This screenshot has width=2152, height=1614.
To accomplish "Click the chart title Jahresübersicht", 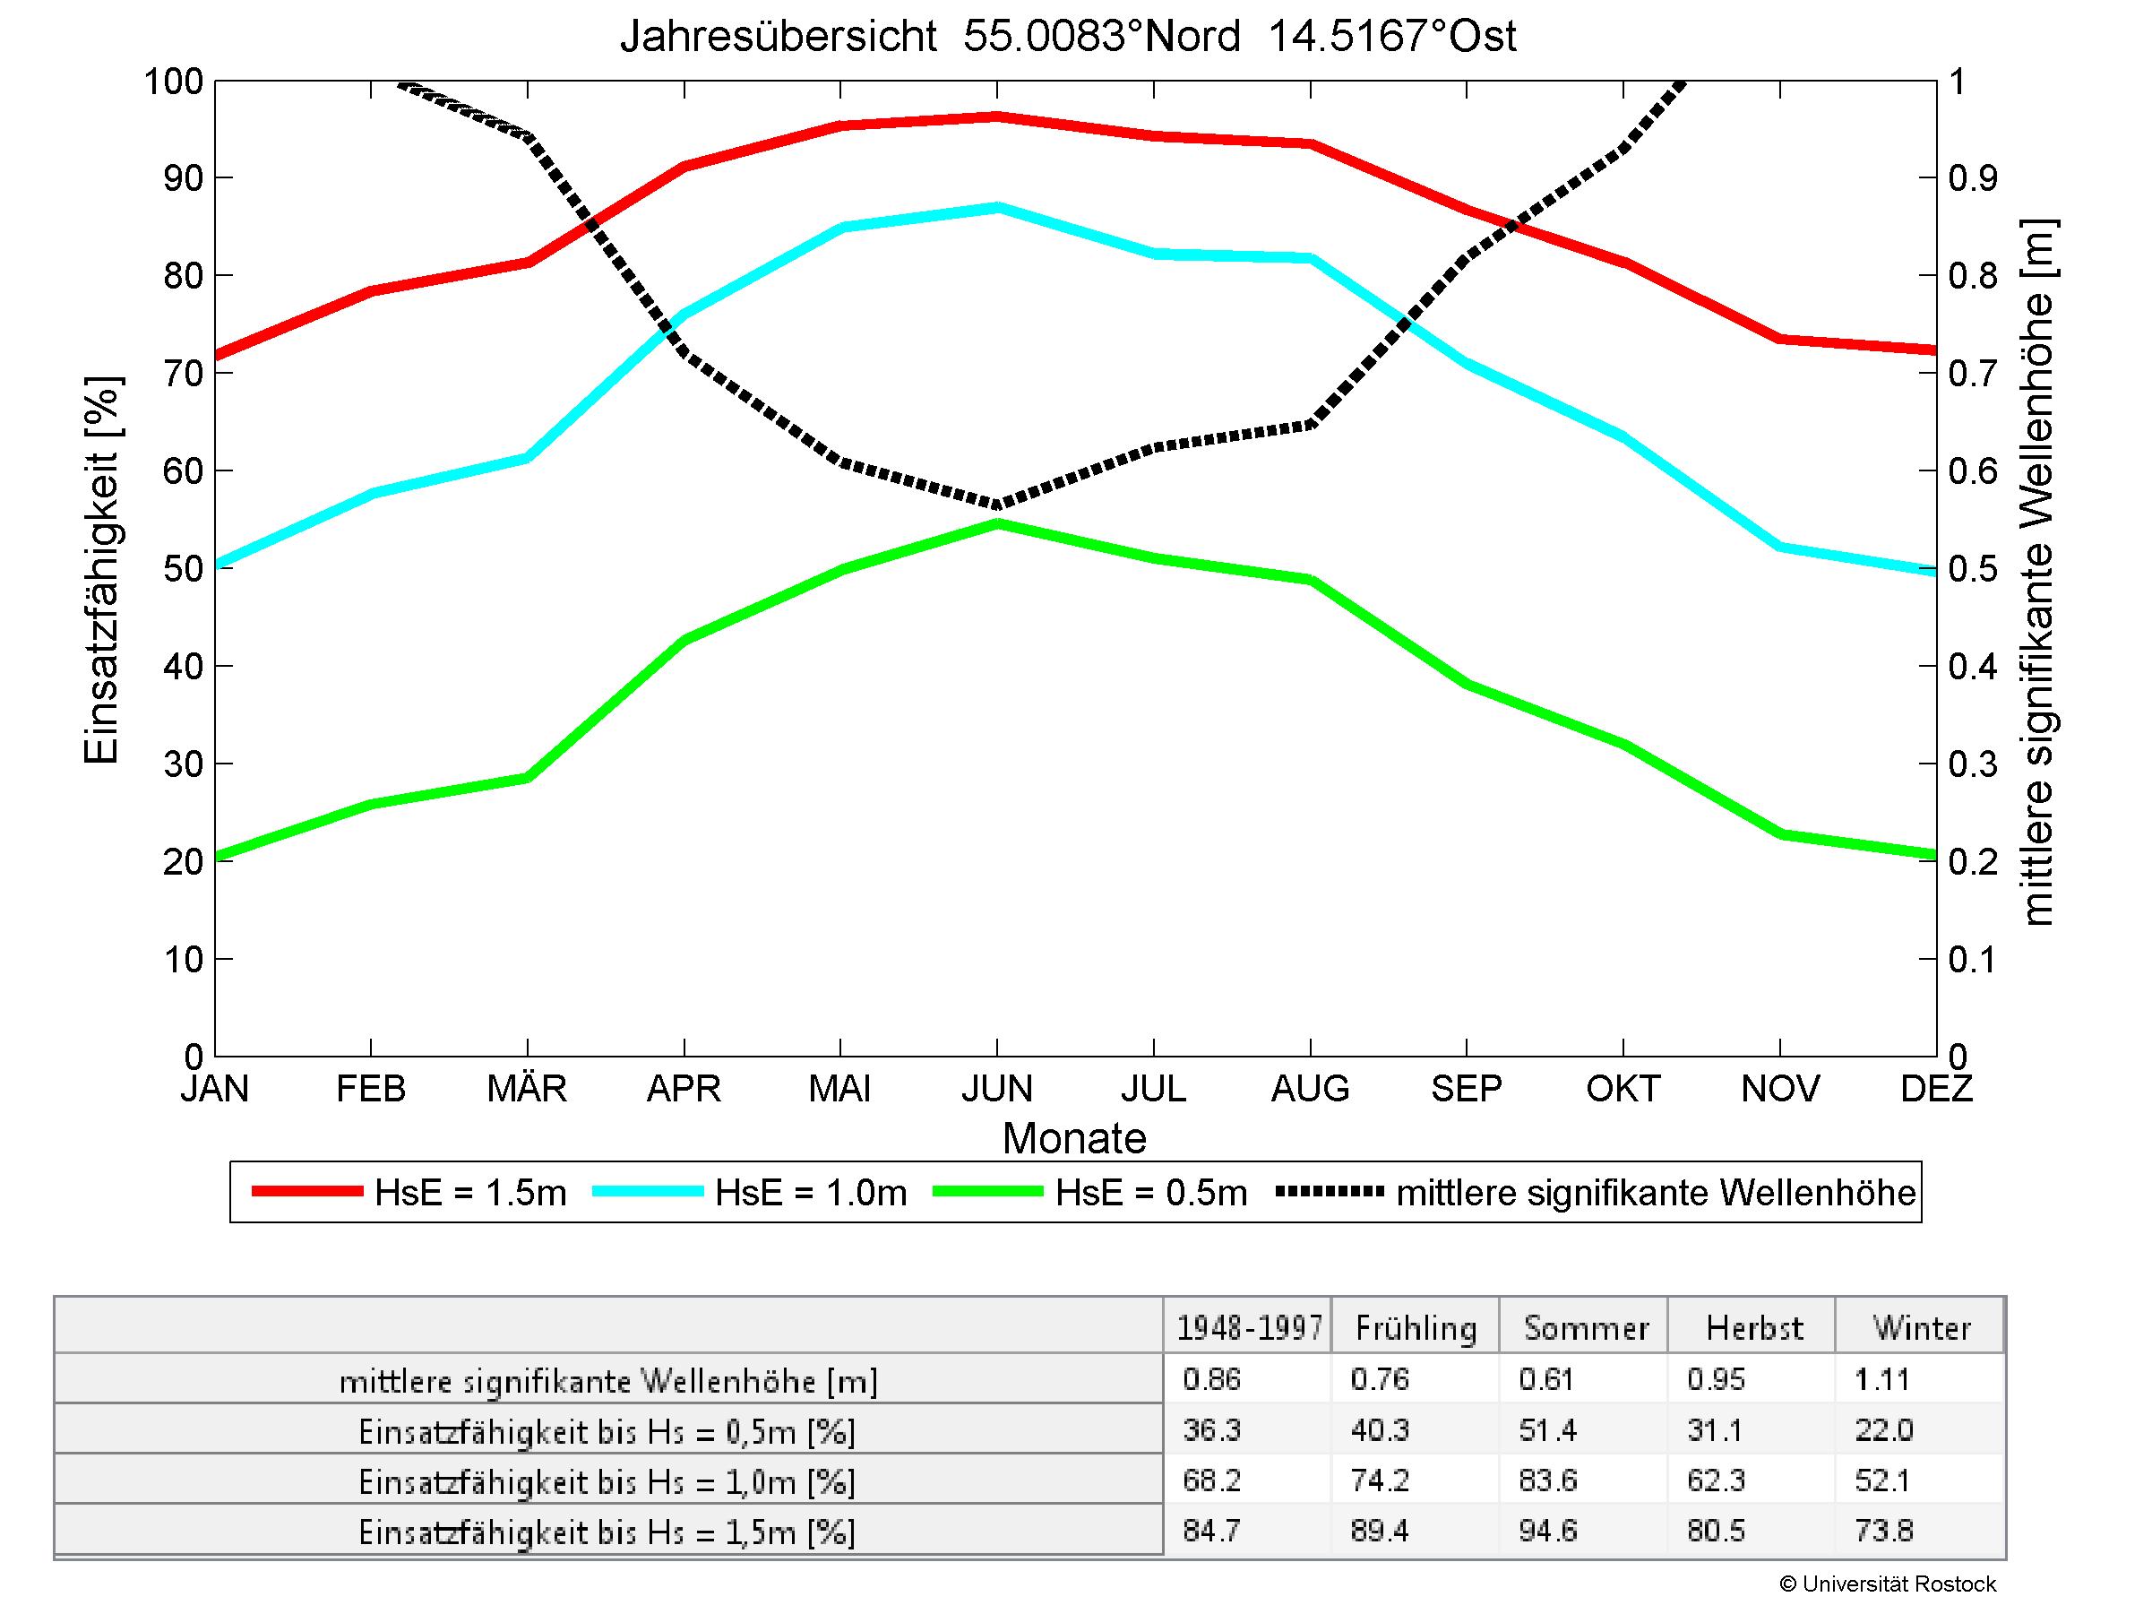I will click(1067, 37).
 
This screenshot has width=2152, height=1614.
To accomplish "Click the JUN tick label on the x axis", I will click(996, 1089).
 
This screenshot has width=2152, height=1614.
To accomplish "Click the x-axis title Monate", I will click(1074, 1138).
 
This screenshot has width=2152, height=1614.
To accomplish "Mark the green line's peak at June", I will click(996, 523).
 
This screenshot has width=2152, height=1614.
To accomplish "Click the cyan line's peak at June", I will click(996, 206).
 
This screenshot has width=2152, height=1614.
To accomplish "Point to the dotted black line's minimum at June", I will click(996, 504).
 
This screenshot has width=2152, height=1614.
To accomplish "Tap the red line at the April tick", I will click(684, 167).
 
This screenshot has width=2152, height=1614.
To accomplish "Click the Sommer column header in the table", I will click(1586, 1328).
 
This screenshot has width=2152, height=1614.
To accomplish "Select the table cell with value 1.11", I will click(1882, 1379).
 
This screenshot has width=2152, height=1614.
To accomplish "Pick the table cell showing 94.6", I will click(1547, 1532).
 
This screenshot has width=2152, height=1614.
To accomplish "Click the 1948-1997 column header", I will click(1249, 1328).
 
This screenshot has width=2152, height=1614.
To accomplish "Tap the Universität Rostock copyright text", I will click(1888, 1584).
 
